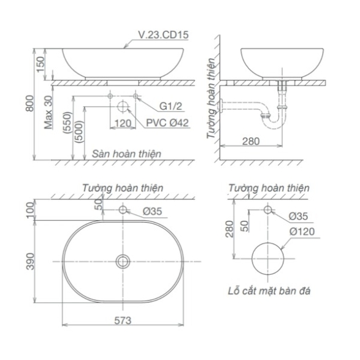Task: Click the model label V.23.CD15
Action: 163,35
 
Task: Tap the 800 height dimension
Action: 30,104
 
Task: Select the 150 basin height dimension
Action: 40,64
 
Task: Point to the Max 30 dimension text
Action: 48,112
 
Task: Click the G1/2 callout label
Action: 170,106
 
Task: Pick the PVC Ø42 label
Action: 167,123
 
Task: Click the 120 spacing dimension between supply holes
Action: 123,123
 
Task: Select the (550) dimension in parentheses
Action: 68,123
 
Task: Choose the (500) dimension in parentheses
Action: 79,132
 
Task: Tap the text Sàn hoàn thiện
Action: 126,154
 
